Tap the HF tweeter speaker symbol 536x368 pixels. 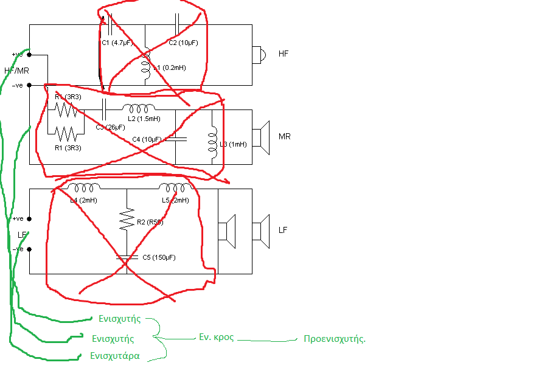click(259, 55)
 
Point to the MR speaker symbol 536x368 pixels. click(262, 136)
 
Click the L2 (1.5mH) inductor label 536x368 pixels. click(143, 118)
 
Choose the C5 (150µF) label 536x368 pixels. click(159, 257)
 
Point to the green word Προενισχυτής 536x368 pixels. click(335, 339)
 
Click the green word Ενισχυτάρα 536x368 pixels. click(115, 356)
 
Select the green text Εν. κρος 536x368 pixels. click(217, 336)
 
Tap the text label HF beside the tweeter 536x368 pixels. click(284, 54)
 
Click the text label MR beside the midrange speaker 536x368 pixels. click(284, 136)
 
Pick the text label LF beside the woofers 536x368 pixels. click(283, 231)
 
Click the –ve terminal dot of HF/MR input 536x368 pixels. click(30, 85)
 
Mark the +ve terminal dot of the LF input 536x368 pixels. click(29, 218)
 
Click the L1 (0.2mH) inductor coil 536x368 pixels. click(145, 68)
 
